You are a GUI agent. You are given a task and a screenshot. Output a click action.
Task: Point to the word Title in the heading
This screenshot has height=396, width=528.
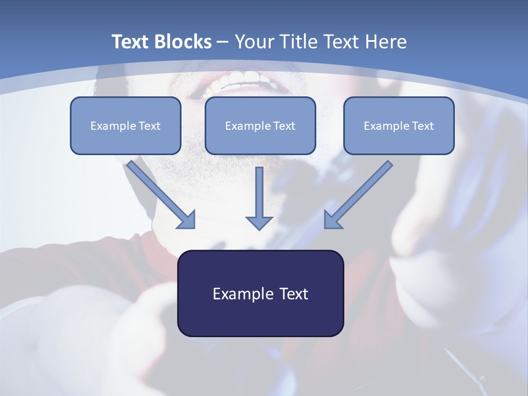tap(299, 42)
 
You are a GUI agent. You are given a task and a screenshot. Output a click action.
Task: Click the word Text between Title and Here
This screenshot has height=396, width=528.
tap(343, 42)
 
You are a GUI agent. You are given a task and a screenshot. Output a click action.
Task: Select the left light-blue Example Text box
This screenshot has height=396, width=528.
tap(125, 125)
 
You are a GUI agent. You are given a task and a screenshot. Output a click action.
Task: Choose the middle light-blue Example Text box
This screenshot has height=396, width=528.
tap(260, 125)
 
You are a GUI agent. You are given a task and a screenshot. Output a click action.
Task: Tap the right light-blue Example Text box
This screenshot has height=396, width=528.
tap(399, 125)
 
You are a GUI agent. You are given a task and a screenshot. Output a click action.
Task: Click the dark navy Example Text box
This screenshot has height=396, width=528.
tap(260, 293)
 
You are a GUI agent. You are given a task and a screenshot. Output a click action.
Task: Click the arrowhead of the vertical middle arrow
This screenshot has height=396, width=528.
tap(259, 222)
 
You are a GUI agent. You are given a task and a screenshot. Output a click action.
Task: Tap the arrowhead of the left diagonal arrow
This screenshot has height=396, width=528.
tap(187, 220)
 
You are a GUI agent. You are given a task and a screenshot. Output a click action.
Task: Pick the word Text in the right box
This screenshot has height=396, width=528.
tap(423, 126)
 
